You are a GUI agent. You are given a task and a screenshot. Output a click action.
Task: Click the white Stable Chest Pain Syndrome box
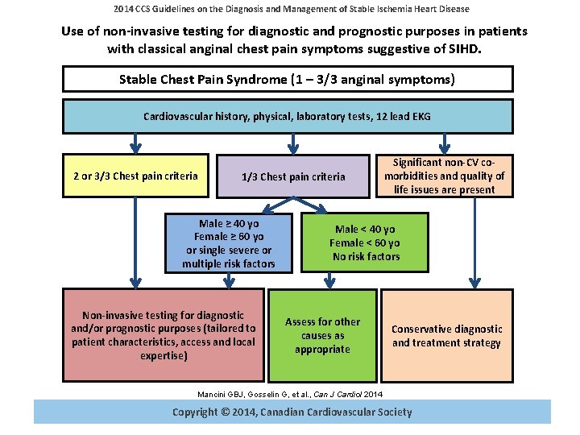[x=288, y=79]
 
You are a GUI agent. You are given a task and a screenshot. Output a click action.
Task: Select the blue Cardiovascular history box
[x=288, y=116]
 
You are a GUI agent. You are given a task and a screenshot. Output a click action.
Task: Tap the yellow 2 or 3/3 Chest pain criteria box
[x=135, y=176]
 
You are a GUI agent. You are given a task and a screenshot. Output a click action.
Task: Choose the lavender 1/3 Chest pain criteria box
[x=293, y=176]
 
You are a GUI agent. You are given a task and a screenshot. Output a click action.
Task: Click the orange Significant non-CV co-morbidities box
[x=445, y=176]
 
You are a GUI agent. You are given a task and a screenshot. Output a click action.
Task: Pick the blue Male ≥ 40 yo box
[x=229, y=243]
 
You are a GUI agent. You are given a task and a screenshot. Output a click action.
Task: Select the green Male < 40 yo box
[x=365, y=242]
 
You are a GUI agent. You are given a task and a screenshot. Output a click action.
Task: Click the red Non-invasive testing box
[x=164, y=335]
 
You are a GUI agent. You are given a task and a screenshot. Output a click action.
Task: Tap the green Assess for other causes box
[x=322, y=335]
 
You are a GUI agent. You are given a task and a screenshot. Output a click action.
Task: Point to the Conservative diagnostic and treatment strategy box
[x=446, y=335]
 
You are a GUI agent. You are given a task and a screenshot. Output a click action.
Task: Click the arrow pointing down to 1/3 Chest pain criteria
[x=294, y=144]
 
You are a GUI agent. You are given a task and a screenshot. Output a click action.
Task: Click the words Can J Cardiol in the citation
[x=338, y=393]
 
